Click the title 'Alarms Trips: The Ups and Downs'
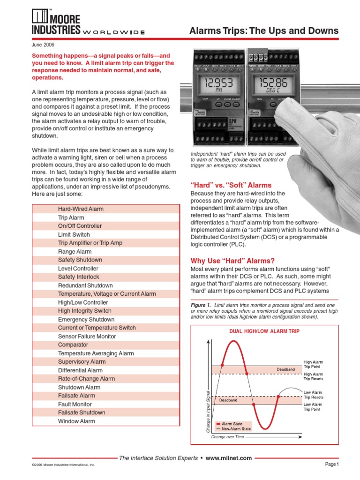point(263,31)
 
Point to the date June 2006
point(43,45)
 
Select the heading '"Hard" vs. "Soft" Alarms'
point(231,185)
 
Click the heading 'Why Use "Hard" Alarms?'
point(232,261)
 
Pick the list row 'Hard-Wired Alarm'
point(81,209)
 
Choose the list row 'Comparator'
point(73,345)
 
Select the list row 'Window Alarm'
point(76,421)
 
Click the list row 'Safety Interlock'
point(79,277)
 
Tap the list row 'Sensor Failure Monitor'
point(87,336)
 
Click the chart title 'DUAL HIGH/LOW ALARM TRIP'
point(264,331)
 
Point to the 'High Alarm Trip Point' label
point(313,364)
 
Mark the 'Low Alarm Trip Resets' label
point(313,395)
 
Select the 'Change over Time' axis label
point(228,437)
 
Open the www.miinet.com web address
point(229,458)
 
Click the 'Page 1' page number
point(331,464)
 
